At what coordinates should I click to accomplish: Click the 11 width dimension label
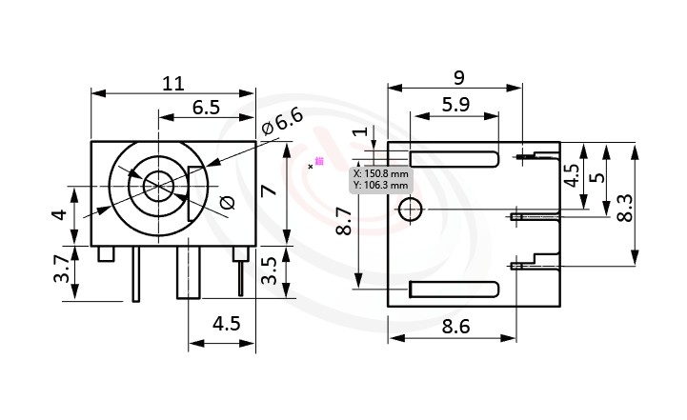pyautogui.click(x=172, y=83)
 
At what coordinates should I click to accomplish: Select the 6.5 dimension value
pyautogui.click(x=207, y=108)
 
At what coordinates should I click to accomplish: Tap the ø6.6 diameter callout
pyautogui.click(x=282, y=122)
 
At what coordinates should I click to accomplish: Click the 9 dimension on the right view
pyautogui.click(x=459, y=75)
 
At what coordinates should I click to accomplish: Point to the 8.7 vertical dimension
pyautogui.click(x=344, y=224)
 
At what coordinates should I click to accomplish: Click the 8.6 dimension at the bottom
pyautogui.click(x=455, y=327)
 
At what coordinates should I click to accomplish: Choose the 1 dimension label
pyautogui.click(x=359, y=133)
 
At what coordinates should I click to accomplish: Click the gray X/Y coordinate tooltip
pyautogui.click(x=380, y=179)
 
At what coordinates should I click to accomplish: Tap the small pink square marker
pyautogui.click(x=319, y=161)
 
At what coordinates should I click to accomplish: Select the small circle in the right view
pyautogui.click(x=410, y=209)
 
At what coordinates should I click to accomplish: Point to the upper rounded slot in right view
pyautogui.click(x=455, y=158)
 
